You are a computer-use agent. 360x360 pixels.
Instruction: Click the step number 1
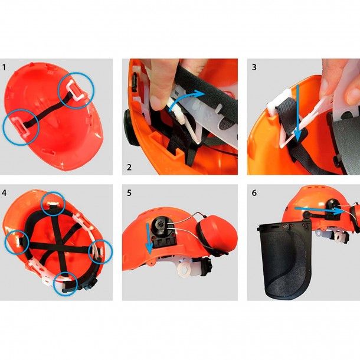tap(5, 67)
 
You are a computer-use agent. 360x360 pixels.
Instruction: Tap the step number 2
tap(129, 167)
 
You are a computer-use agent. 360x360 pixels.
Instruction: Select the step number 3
tap(254, 67)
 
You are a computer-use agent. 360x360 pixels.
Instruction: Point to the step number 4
tap(5, 193)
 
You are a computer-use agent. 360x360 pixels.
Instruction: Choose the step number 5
tap(129, 193)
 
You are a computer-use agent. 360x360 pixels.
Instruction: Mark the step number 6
tap(254, 193)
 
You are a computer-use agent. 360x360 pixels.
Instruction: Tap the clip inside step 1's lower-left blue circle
tap(21, 125)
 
